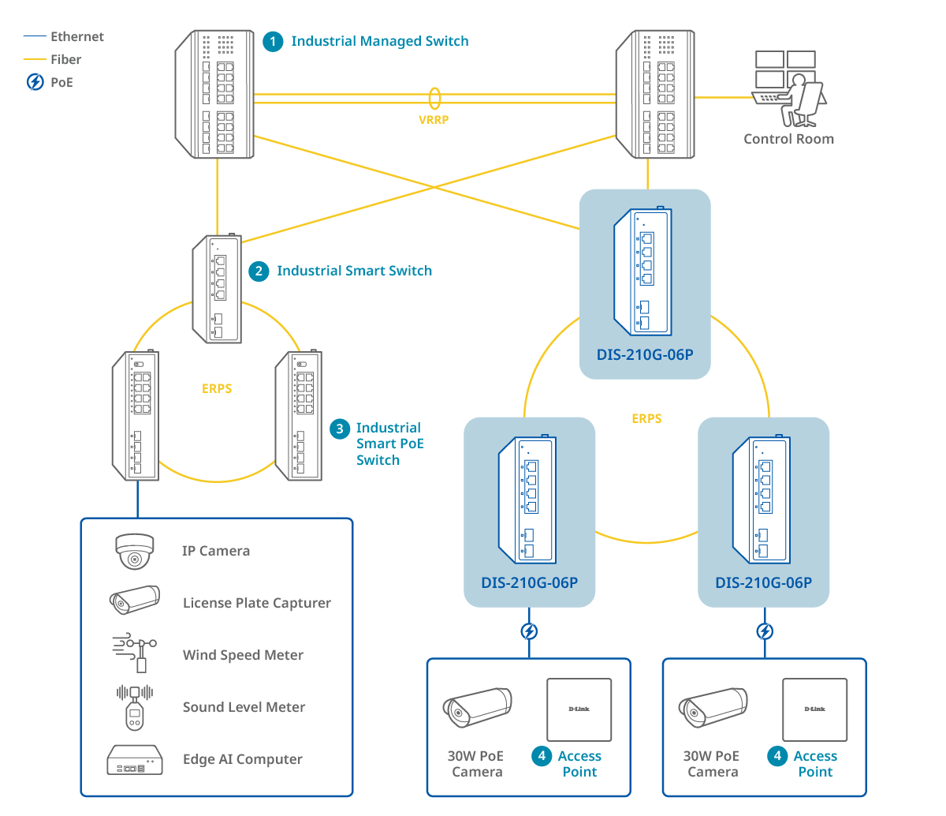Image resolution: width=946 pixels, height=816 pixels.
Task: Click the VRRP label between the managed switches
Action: [434, 120]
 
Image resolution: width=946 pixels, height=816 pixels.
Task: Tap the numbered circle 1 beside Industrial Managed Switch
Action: [273, 41]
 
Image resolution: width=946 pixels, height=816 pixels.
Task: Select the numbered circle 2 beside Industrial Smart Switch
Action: [259, 271]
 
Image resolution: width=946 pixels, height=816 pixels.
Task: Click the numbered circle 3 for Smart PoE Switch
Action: [339, 429]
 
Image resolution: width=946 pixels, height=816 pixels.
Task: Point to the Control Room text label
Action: [788, 139]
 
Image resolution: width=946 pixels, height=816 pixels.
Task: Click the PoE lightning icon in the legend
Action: [35, 82]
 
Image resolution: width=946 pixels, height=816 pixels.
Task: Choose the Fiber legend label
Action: [65, 59]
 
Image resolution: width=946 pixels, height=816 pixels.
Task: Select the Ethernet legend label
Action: [76, 36]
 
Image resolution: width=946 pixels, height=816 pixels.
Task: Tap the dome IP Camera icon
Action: [135, 551]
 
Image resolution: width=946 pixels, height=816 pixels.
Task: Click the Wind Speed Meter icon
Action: [135, 653]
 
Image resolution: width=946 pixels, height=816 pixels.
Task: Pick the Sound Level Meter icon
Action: [135, 707]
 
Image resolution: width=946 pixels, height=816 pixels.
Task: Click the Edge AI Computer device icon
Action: [135, 759]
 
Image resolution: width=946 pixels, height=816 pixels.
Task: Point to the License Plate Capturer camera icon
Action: [135, 601]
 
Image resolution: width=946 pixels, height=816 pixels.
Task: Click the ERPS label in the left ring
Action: [217, 388]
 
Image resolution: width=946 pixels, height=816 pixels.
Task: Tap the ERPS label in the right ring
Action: [646, 418]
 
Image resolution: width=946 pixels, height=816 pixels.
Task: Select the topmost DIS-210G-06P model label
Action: [645, 354]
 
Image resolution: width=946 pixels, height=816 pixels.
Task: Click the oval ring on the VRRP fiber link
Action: [434, 98]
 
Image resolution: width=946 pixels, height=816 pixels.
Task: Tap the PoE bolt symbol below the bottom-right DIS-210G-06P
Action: [764, 631]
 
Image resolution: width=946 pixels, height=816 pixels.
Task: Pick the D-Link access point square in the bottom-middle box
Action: [579, 709]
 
